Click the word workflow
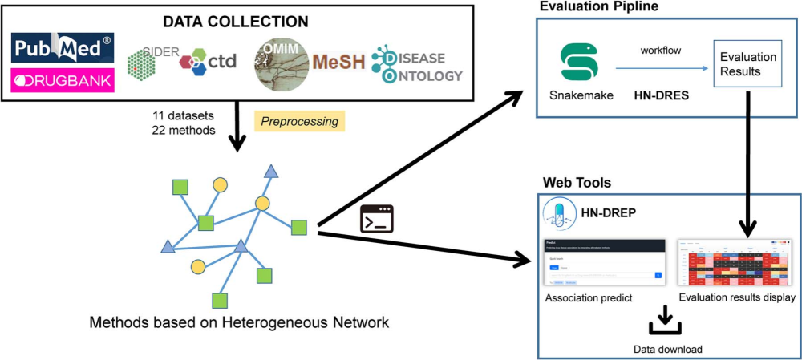(x=662, y=50)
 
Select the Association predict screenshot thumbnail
(x=603, y=263)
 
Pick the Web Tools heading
(x=576, y=184)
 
